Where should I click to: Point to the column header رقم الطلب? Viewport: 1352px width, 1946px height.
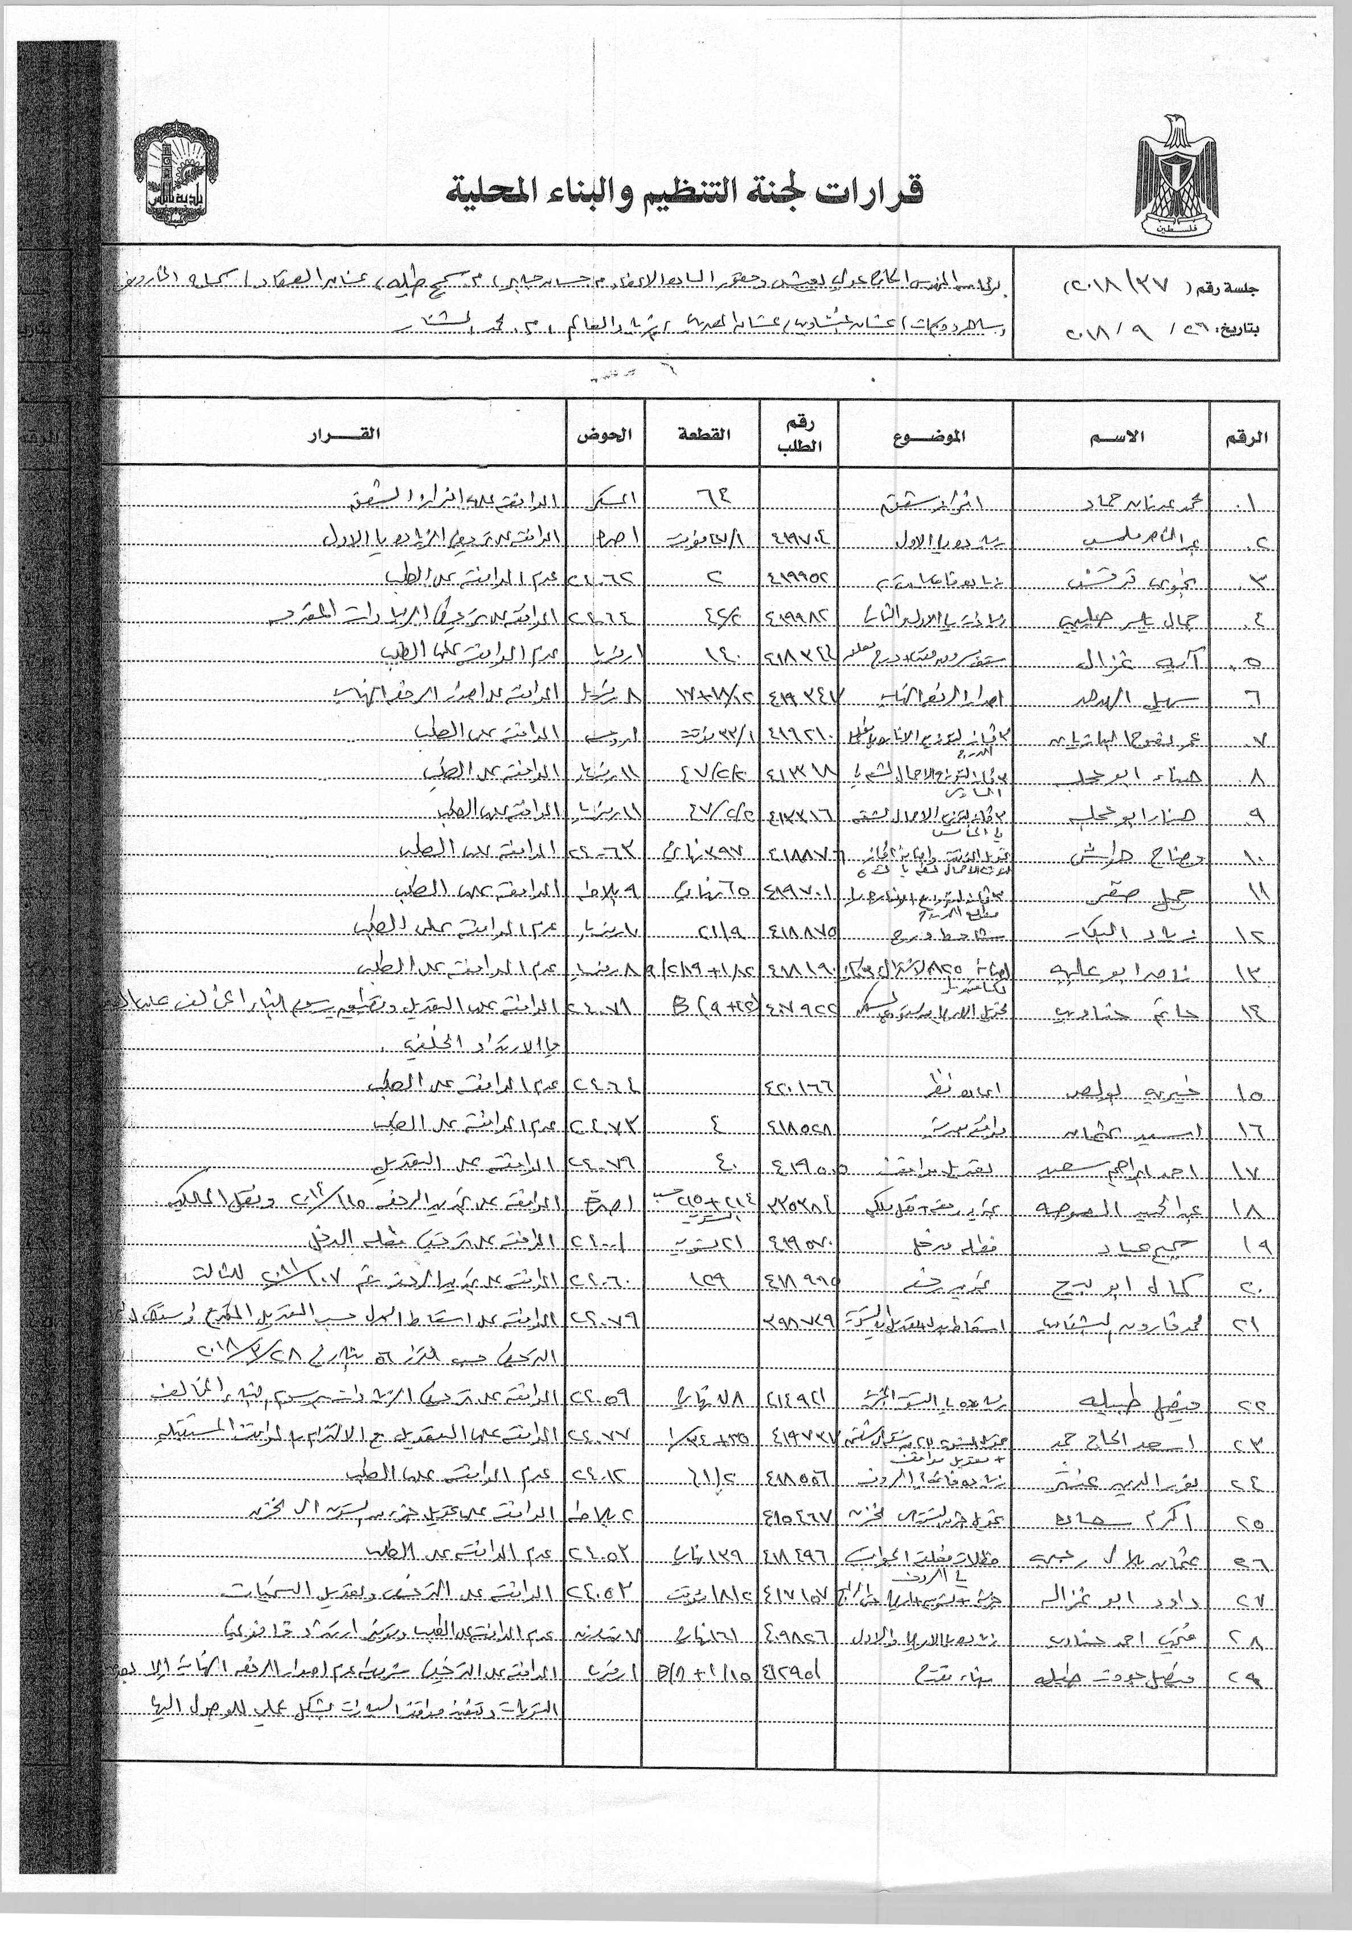coord(799,436)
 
